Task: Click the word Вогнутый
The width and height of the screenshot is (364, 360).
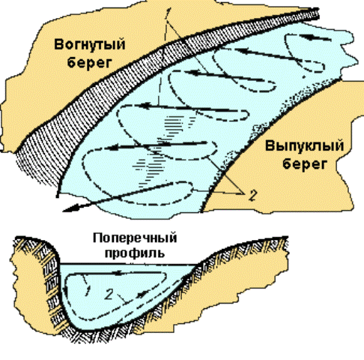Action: click(x=89, y=45)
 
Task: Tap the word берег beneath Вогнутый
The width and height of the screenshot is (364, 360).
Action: click(x=89, y=62)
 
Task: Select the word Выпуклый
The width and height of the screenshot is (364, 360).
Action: click(x=304, y=146)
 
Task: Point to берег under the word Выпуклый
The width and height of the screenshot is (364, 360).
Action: click(x=305, y=164)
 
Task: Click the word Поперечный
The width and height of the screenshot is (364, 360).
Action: click(x=135, y=238)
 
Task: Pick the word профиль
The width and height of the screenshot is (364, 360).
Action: click(x=135, y=253)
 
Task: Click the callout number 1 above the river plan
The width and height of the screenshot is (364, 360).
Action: click(x=169, y=13)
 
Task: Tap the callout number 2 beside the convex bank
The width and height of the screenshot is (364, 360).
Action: click(x=252, y=196)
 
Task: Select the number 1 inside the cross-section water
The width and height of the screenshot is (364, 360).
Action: click(x=88, y=290)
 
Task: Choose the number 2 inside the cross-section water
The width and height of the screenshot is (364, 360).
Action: click(x=109, y=294)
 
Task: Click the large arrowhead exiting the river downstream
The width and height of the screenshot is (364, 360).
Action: click(x=70, y=208)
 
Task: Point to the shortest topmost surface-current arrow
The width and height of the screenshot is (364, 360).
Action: click(x=315, y=38)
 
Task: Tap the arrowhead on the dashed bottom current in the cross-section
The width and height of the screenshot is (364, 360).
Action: click(x=142, y=294)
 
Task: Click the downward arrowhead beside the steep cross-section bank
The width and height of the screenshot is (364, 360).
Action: click(x=65, y=291)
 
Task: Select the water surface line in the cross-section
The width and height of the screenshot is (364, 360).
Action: click(x=128, y=264)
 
